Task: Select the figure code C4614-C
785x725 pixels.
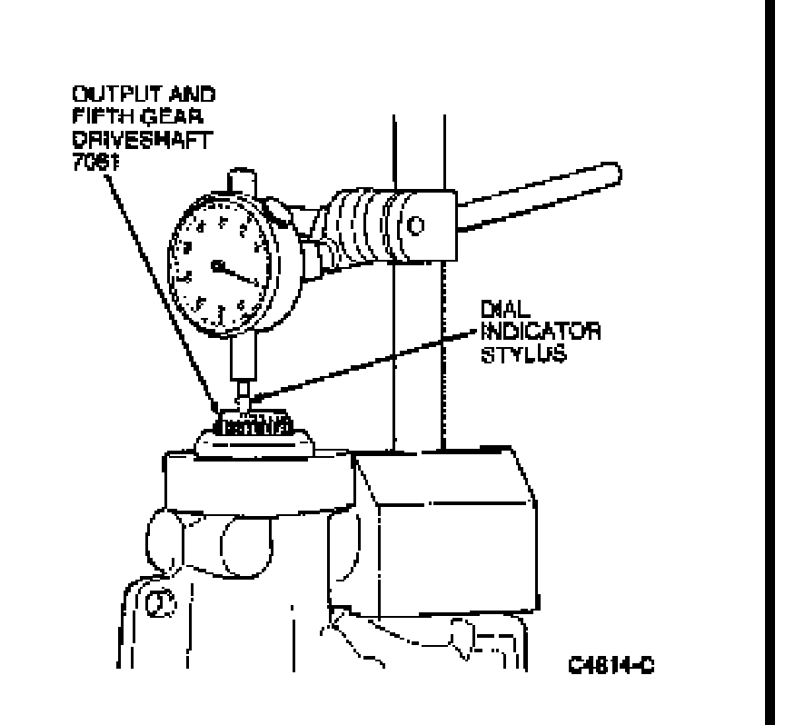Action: (x=611, y=666)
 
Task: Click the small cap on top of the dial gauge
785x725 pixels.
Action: (x=241, y=179)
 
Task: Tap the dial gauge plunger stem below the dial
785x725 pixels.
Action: (x=242, y=363)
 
